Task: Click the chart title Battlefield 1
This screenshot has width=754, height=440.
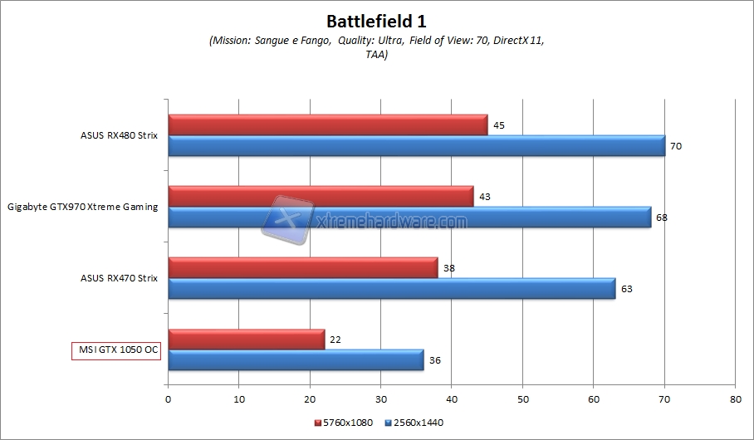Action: tap(376, 19)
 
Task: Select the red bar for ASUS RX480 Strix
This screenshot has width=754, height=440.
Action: tap(327, 125)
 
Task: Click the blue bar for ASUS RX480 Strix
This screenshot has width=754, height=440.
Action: tap(416, 146)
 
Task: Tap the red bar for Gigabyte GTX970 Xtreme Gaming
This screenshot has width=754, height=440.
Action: tap(321, 196)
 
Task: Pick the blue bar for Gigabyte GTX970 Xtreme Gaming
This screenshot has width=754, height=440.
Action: tap(409, 218)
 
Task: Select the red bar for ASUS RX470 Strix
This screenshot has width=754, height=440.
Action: tap(302, 267)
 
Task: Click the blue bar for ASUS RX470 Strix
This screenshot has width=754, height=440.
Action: tap(391, 289)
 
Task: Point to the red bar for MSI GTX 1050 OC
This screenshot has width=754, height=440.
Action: tap(246, 339)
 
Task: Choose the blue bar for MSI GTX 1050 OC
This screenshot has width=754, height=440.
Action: tap(296, 360)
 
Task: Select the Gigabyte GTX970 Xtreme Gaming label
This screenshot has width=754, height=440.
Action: tap(83, 207)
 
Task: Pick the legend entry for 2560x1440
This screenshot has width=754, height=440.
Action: tap(413, 423)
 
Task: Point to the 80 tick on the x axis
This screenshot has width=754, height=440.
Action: tap(734, 399)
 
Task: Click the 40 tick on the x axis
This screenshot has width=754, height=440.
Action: tap(451, 399)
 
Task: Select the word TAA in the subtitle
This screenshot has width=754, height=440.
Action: tap(376, 55)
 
